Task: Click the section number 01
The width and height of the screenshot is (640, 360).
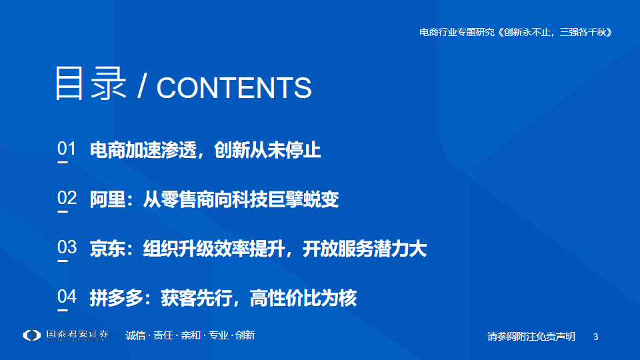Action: click(67, 149)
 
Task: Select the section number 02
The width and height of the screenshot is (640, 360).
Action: click(67, 198)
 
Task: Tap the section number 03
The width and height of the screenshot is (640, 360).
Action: click(67, 247)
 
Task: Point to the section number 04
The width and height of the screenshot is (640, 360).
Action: click(67, 296)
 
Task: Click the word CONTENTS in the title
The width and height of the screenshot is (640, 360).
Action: click(234, 88)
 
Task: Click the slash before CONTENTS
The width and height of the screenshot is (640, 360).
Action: click(141, 87)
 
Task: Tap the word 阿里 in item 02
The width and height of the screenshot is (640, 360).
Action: click(107, 199)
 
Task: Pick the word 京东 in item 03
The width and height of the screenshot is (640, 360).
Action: click(107, 249)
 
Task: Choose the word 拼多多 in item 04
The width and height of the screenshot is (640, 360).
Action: click(116, 298)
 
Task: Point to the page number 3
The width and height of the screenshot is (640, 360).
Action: click(595, 337)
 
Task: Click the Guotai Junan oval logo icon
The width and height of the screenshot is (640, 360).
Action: click(32, 335)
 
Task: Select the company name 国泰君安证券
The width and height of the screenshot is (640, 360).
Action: click(77, 335)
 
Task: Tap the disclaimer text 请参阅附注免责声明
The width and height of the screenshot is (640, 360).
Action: click(531, 336)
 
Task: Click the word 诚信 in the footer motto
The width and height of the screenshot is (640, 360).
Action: click(135, 335)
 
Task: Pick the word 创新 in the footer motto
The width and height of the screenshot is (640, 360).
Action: click(245, 335)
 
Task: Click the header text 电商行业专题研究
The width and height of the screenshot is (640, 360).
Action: click(457, 32)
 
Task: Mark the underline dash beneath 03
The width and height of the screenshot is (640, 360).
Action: click(63, 261)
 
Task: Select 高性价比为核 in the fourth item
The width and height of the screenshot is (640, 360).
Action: click(303, 298)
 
